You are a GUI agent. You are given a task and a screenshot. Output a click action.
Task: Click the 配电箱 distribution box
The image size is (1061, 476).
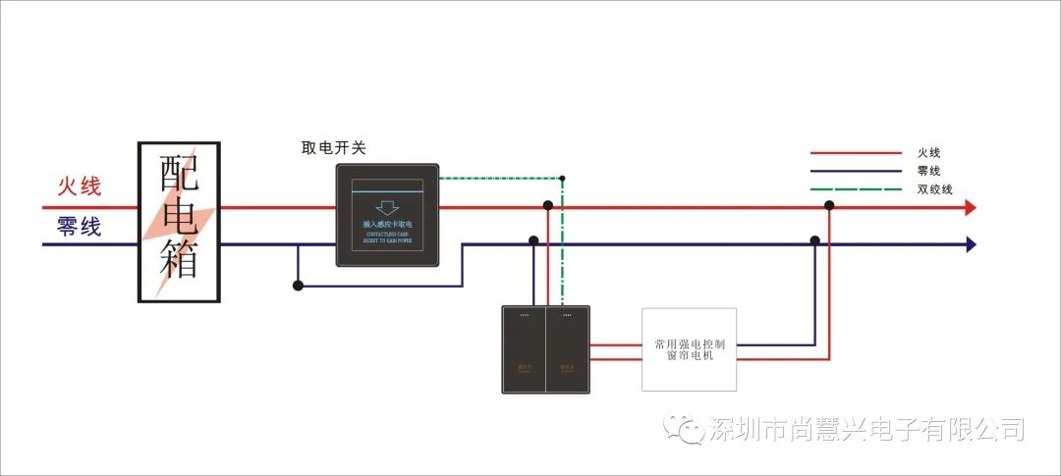click(x=179, y=221)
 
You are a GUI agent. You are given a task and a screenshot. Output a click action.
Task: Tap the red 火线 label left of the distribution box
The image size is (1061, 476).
click(x=80, y=186)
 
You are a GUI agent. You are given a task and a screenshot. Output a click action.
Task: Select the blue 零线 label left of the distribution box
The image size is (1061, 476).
click(x=80, y=227)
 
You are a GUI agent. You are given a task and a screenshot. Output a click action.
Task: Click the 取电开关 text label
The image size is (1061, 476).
click(x=333, y=148)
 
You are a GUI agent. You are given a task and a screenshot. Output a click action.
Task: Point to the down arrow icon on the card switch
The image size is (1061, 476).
click(x=387, y=207)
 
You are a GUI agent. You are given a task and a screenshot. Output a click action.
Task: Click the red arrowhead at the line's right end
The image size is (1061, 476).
click(x=970, y=207)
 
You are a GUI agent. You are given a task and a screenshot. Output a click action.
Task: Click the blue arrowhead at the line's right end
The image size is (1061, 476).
click(x=970, y=244)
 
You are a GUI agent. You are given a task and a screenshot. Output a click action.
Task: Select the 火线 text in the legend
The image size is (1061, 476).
click(x=929, y=153)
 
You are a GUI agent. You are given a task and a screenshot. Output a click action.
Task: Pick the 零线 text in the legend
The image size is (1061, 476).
click(x=929, y=171)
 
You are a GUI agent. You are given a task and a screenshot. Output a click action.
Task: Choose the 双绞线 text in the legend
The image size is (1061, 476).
click(x=935, y=189)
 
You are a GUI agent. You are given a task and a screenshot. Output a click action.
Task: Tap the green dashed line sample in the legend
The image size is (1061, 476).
click(x=856, y=189)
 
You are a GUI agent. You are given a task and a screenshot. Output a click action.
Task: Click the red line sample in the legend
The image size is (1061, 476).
click(x=856, y=153)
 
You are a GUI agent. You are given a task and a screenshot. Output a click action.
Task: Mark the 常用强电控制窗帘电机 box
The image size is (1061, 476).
click(x=690, y=349)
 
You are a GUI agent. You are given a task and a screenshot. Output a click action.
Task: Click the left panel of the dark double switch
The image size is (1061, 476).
click(x=524, y=349)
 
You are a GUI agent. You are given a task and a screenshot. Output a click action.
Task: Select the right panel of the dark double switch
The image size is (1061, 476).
click(x=567, y=349)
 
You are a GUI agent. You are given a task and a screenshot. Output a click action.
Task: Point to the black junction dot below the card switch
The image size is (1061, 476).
click(x=298, y=286)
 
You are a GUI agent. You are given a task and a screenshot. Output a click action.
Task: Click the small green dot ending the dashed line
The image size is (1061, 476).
click(x=562, y=179)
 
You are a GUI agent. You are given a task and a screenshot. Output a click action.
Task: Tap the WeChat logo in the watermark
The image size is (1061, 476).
click(x=684, y=429)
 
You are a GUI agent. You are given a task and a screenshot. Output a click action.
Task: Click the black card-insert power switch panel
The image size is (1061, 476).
click(x=387, y=215)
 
